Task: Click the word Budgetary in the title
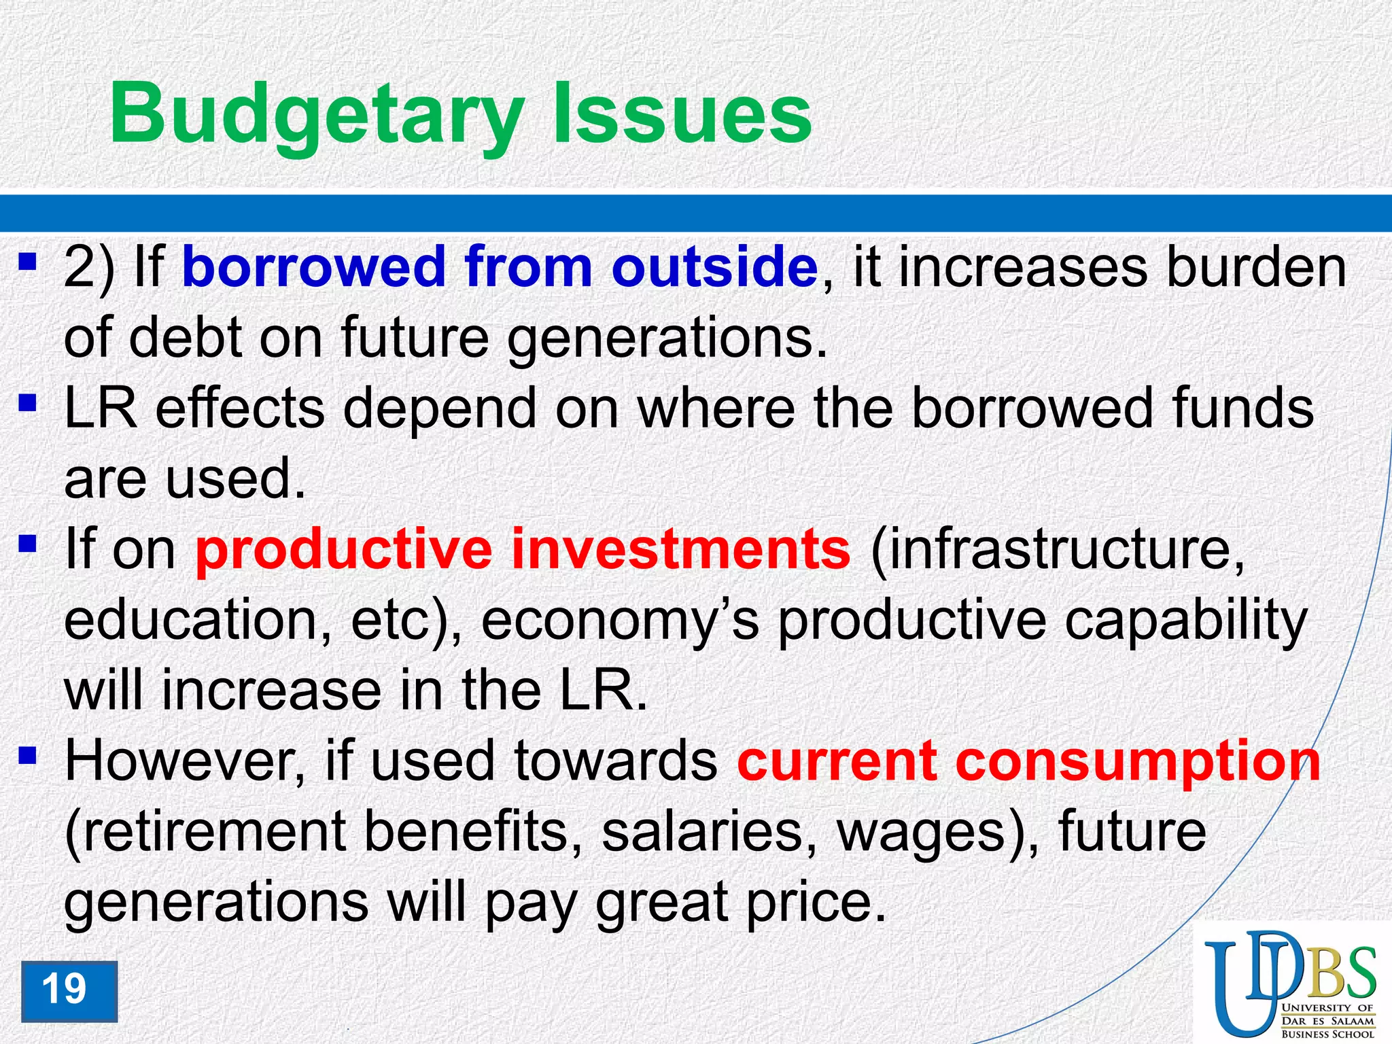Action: pyautogui.click(x=317, y=114)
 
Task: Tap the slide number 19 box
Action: pyautogui.click(x=69, y=990)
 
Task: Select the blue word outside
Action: pyautogui.click(x=714, y=267)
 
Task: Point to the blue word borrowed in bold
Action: pyautogui.click(x=313, y=267)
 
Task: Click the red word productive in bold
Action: pyautogui.click(x=343, y=549)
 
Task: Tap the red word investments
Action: pyautogui.click(x=680, y=549)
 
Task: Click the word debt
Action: pyautogui.click(x=186, y=338)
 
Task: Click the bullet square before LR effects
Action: pyautogui.click(x=27, y=404)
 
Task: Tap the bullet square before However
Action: pyautogui.click(x=27, y=755)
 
